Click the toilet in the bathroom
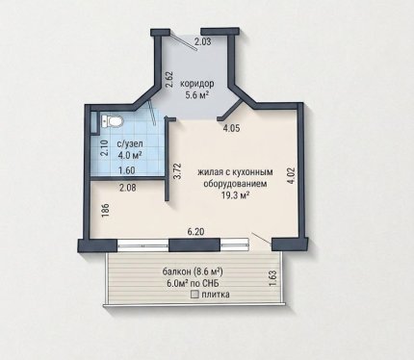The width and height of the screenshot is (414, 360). [x=112, y=121]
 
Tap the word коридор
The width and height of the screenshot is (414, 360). [x=197, y=85]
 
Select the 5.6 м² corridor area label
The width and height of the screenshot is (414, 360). [x=197, y=94]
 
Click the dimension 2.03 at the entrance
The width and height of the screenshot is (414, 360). [x=202, y=41]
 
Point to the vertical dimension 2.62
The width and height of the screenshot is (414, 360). [x=169, y=79]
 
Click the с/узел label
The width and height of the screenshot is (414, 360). [x=125, y=144]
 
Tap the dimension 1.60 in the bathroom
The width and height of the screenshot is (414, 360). [x=126, y=170]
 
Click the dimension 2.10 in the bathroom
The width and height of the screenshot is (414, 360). [x=104, y=148]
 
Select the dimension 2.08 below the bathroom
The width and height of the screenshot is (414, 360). [x=127, y=187]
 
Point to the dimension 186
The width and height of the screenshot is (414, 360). [x=107, y=211]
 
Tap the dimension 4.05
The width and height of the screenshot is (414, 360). [x=232, y=128]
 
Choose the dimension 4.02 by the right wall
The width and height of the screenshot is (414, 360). [x=292, y=175]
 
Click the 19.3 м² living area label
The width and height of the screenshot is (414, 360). [x=236, y=195]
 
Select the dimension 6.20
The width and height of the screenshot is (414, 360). [x=196, y=231]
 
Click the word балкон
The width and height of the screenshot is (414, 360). [x=176, y=271]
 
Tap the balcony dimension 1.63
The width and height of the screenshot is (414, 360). [x=272, y=279]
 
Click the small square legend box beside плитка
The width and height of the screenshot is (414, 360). [x=194, y=295]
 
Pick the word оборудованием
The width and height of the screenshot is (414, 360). [x=236, y=184]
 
